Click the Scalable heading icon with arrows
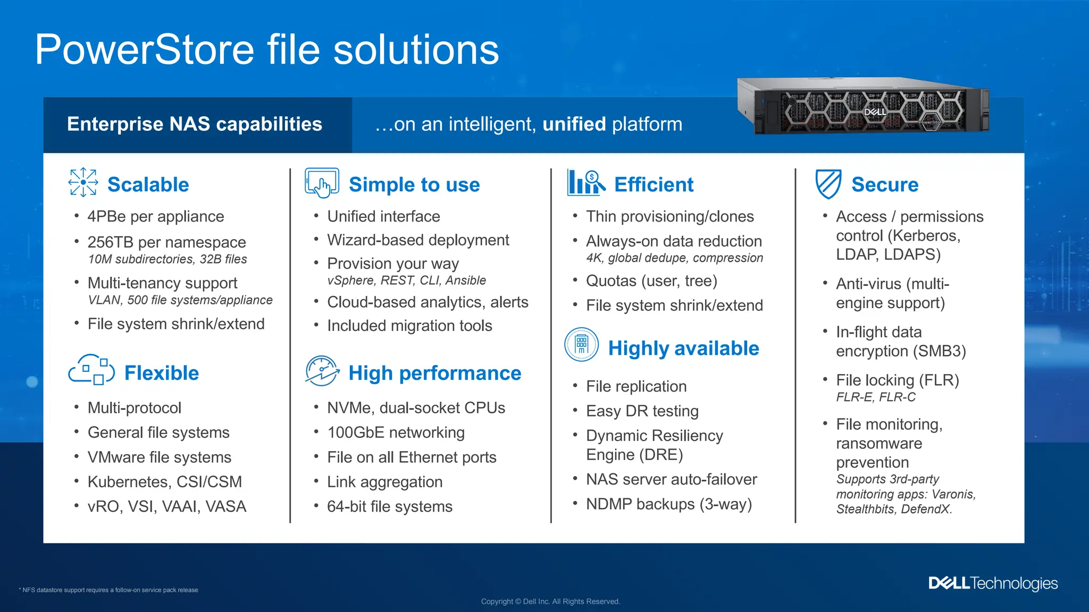point(83,182)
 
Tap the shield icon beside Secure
point(828,184)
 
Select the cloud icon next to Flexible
point(91,370)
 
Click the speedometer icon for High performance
point(322,371)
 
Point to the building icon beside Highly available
point(581,344)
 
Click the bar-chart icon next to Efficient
point(585,183)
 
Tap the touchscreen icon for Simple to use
point(322,183)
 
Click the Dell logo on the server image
point(875,112)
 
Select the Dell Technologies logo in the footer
point(993,583)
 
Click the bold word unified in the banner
point(574,124)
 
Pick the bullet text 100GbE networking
point(396,432)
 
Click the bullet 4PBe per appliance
point(155,217)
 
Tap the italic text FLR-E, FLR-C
point(875,397)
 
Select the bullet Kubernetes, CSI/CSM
point(164,482)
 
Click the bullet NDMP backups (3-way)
point(668,504)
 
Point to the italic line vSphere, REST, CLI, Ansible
point(406,280)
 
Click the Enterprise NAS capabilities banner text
point(195,124)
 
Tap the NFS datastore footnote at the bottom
point(110,590)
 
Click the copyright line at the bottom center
point(550,601)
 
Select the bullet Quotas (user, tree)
point(651,281)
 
